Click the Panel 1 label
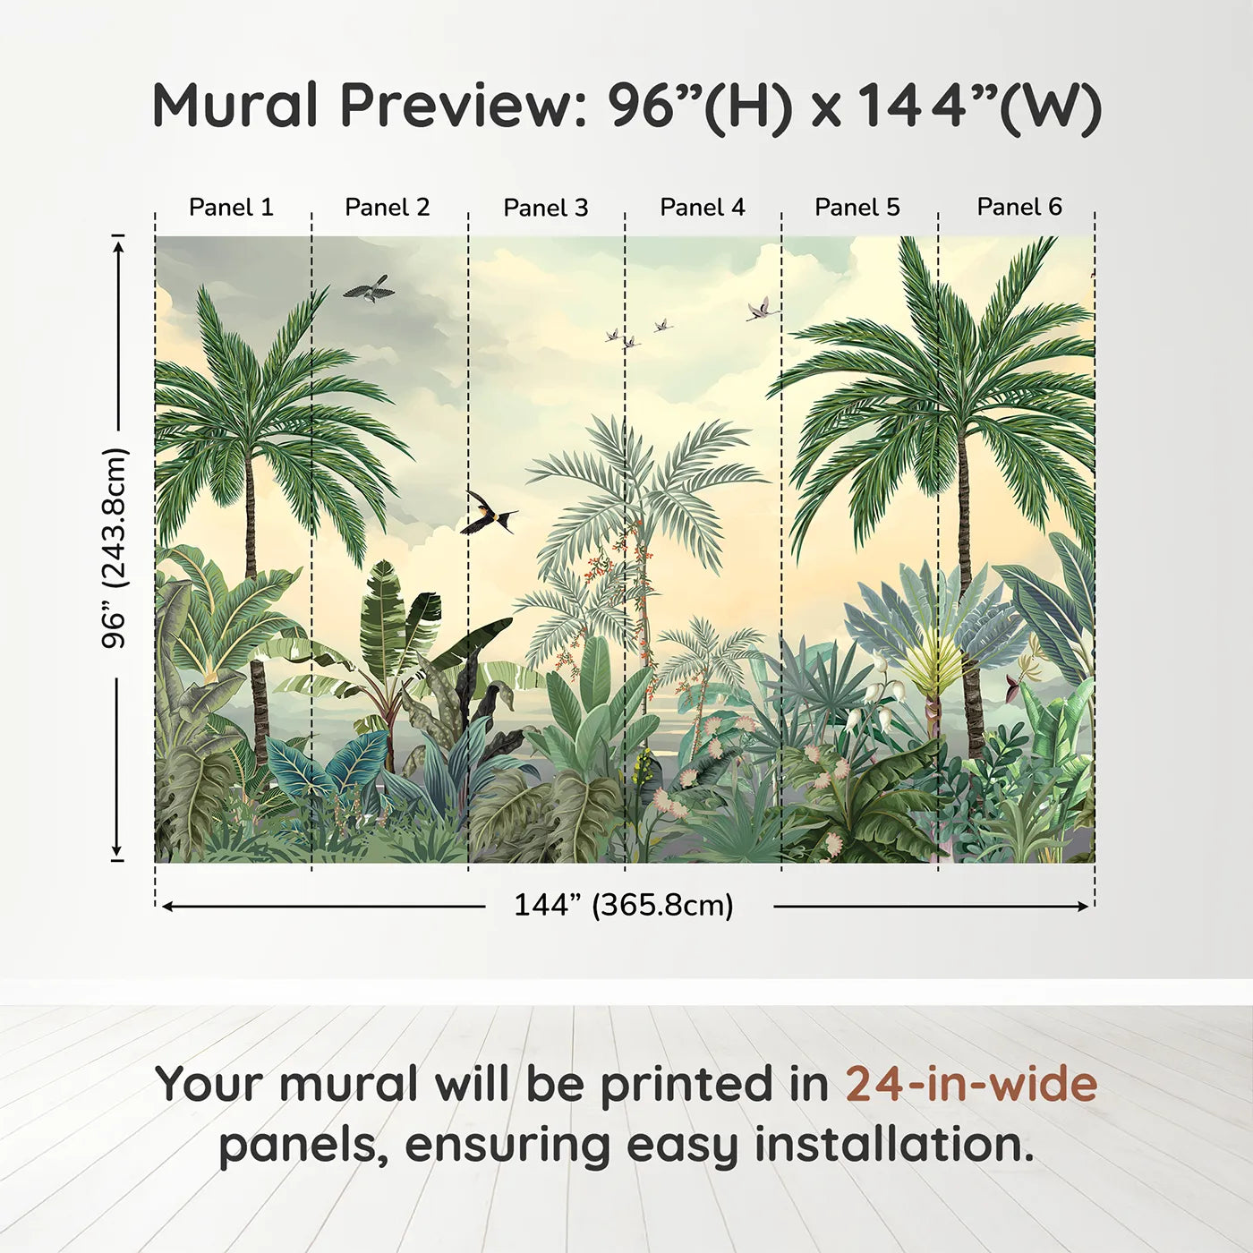231,208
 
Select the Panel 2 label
387,208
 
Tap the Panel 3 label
546,208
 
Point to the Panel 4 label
703,208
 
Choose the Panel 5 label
857,208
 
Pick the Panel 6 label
1019,207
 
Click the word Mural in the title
235,105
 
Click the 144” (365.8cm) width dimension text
624,905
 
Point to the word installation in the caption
895,1145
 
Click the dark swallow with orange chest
489,513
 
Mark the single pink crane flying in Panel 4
763,309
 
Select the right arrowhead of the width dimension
1082,907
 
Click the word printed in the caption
714,1086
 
